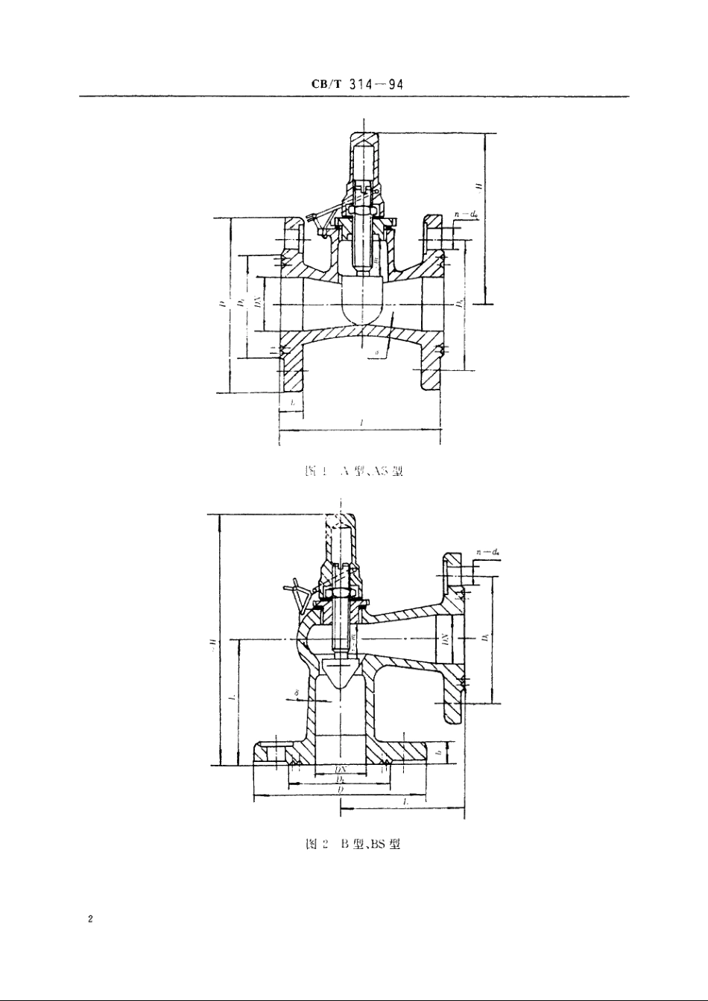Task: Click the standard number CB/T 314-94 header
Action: (357, 84)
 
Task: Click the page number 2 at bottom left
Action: (89, 920)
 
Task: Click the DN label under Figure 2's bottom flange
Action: (340, 769)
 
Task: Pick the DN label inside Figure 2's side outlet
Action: (443, 639)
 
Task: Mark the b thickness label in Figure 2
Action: (440, 753)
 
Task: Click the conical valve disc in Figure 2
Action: (341, 673)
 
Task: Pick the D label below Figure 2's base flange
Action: (340, 789)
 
